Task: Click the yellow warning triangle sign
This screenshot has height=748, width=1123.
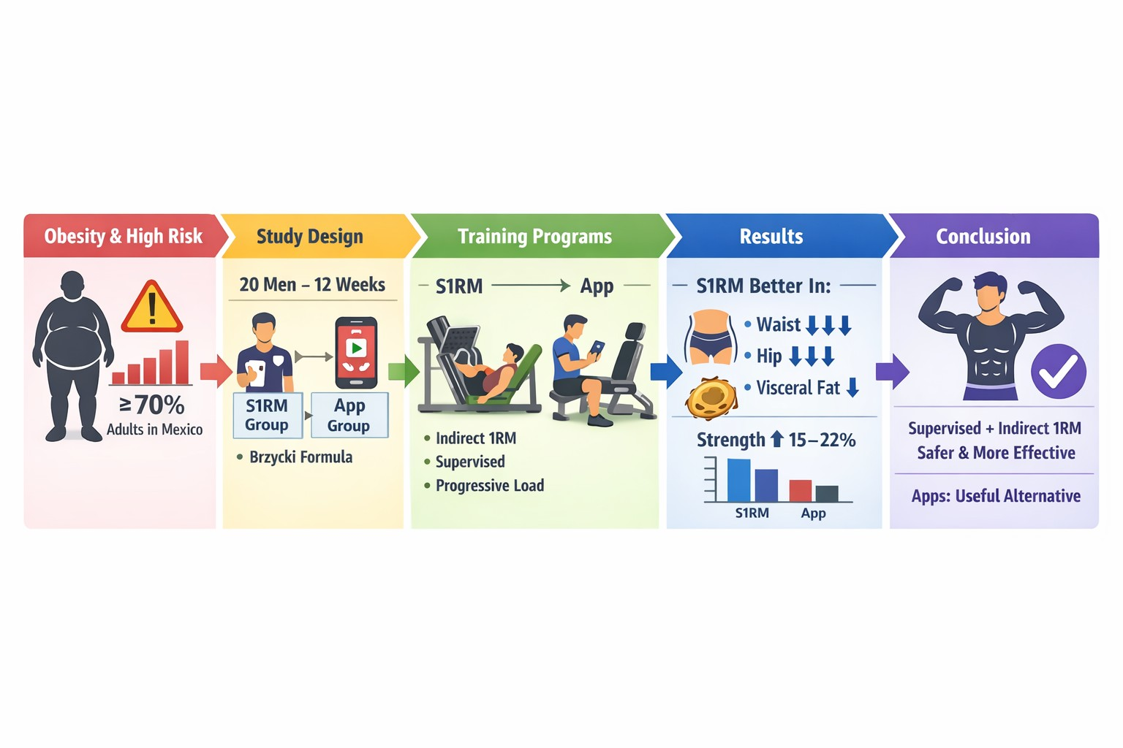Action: pos(152,308)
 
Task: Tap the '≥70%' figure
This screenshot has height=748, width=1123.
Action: pos(152,405)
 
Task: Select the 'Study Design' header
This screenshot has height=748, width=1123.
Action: pos(310,237)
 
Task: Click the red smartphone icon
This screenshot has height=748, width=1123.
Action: pos(356,353)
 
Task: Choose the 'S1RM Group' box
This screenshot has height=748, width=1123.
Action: pos(267,416)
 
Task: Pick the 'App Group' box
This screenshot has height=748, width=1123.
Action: pos(349,416)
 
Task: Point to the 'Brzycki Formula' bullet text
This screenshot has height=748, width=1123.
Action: pos(300,457)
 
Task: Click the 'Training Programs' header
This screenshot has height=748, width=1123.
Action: pos(535,237)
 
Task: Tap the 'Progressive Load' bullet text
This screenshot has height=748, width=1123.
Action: pos(490,486)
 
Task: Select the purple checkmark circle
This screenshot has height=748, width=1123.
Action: pos(1059,372)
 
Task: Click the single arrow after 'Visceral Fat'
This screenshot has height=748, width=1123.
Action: pos(852,387)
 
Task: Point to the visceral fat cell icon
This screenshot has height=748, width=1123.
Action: pos(711,398)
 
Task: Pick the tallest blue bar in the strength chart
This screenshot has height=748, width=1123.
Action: pos(739,480)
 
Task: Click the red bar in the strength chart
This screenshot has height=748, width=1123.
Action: pos(800,490)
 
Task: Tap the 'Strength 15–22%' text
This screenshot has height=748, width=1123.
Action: pos(776,440)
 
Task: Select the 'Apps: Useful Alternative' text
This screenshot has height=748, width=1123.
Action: pos(996,496)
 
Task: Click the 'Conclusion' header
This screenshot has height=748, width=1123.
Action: pos(983,237)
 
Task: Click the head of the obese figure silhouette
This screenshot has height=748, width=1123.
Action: pos(73,286)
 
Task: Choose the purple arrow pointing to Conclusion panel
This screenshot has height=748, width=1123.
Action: pos(893,372)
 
